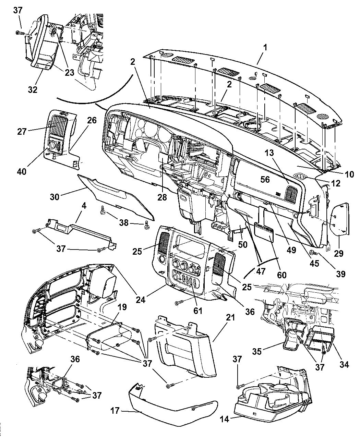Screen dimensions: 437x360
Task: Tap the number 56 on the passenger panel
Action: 265,179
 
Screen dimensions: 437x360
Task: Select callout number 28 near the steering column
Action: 162,197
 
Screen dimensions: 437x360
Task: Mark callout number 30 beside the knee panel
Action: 55,197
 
